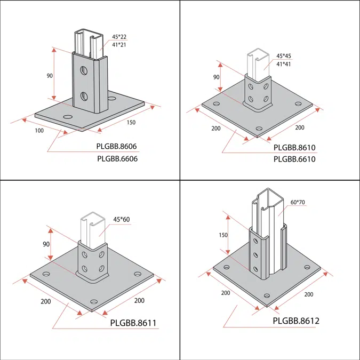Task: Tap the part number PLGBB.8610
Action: [295, 147]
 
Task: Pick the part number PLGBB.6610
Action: [295, 159]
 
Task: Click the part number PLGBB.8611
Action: [133, 323]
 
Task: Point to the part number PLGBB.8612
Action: [295, 321]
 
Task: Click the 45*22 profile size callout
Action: [119, 37]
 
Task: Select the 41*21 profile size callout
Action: [119, 45]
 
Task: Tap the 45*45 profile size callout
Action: [283, 56]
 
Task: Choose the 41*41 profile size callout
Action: [283, 64]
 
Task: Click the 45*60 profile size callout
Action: [122, 219]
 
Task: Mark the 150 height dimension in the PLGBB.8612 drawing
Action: [223, 235]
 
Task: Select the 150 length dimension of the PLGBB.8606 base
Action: [131, 122]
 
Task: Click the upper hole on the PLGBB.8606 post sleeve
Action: [84, 70]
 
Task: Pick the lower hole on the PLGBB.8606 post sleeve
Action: [84, 96]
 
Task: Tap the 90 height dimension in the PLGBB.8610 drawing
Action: [217, 77]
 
